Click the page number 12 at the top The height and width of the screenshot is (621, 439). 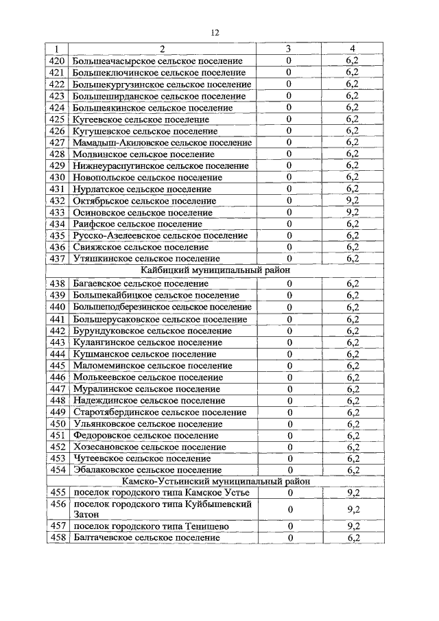(215, 32)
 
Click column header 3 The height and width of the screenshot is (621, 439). (289, 49)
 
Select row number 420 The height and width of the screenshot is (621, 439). (57, 60)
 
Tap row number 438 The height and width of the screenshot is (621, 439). (57, 283)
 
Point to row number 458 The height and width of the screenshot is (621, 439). (57, 537)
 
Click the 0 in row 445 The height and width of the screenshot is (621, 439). (289, 365)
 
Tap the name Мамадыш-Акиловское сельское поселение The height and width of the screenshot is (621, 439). (162, 142)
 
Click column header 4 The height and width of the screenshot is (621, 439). (353, 49)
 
